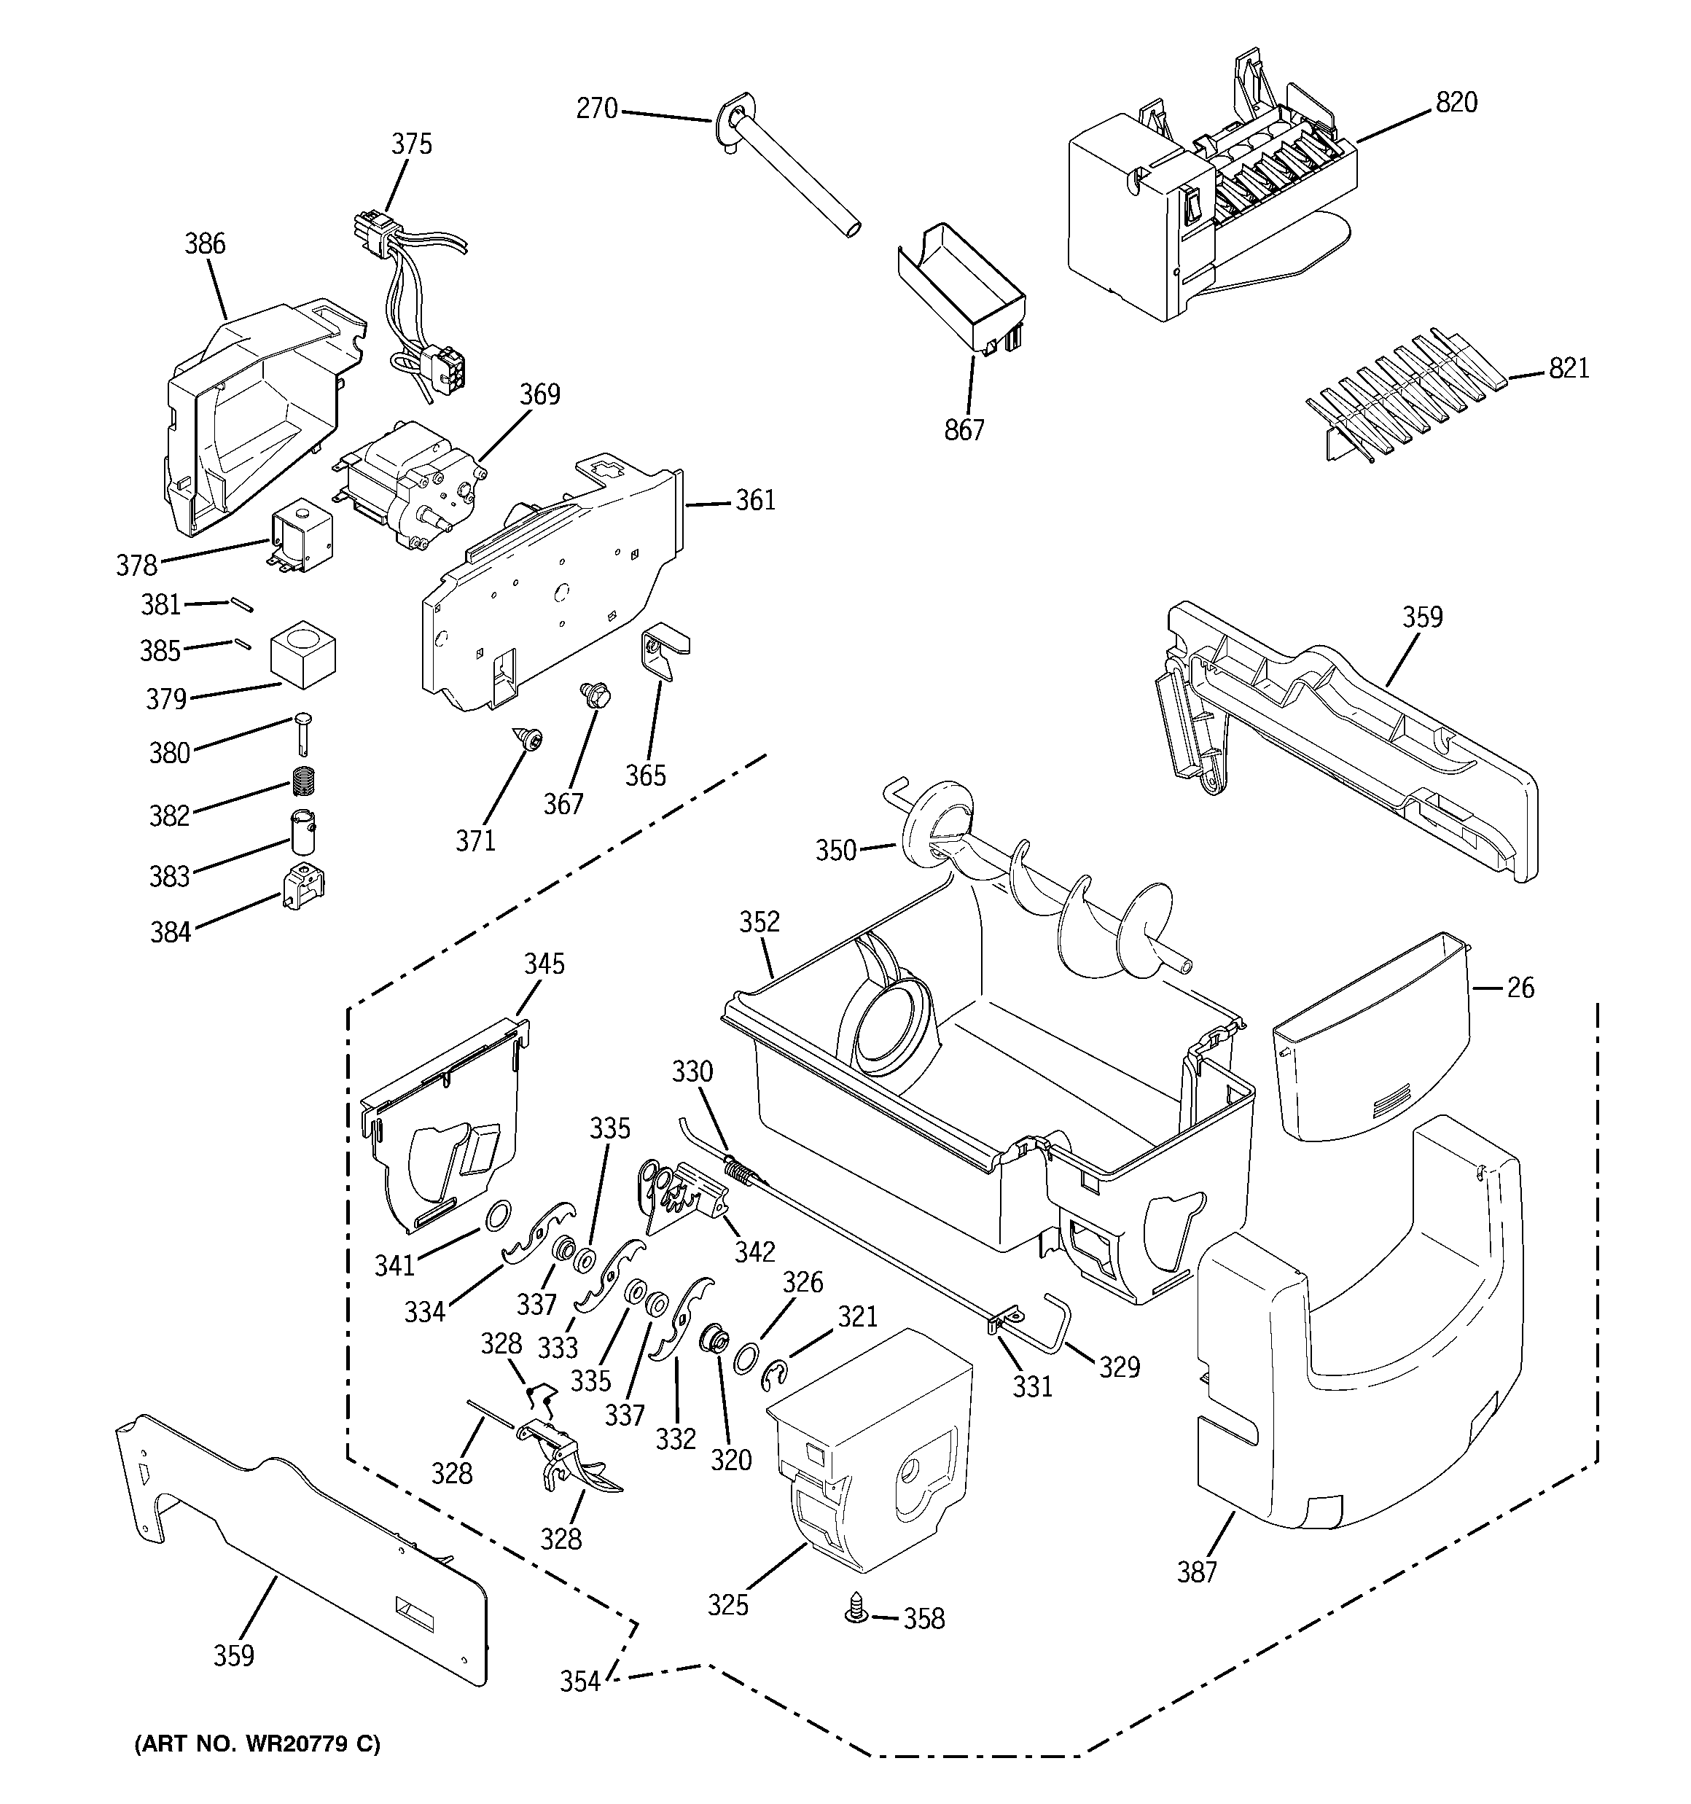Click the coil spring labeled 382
point(305,781)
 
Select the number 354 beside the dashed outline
point(579,1682)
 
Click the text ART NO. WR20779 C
point(257,1744)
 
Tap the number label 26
point(1520,988)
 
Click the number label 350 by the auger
point(835,851)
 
